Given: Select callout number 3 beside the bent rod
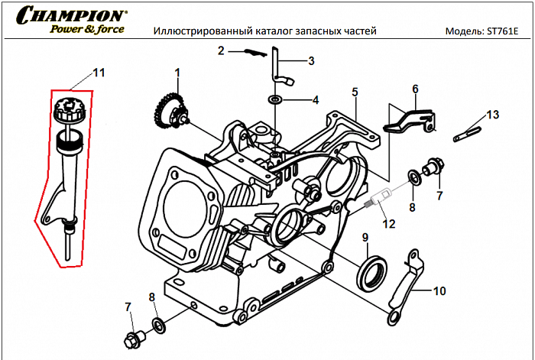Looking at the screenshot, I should [x=311, y=60].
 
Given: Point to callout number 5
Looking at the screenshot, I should [x=355, y=92].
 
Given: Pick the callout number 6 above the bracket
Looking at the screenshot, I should [x=415, y=89].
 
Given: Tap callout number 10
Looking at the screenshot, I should [x=439, y=290].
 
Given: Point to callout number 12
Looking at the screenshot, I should [x=389, y=224].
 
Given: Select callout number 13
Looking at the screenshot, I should [x=492, y=115].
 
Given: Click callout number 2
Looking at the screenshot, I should [x=220, y=51].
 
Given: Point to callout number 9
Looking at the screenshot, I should [x=365, y=236].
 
